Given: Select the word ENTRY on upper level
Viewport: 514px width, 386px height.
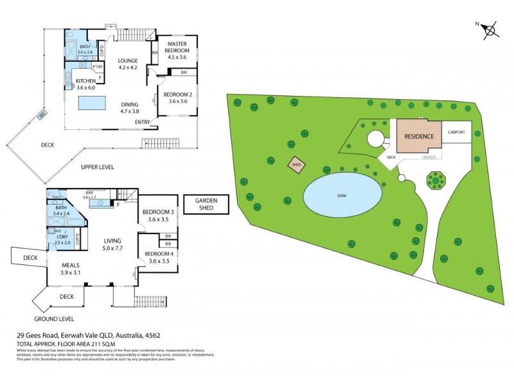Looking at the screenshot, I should [143, 122].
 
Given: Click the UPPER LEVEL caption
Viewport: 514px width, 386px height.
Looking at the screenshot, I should [97, 167].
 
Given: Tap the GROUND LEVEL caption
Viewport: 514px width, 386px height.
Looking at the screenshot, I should [55, 318].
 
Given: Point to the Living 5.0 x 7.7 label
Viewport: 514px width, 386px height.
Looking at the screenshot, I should [116, 244].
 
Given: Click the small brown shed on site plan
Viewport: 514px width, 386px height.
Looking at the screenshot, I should [296, 165].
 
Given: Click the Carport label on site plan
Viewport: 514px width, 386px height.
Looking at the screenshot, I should [456, 132].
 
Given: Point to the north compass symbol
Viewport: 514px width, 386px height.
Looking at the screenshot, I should [490, 29].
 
